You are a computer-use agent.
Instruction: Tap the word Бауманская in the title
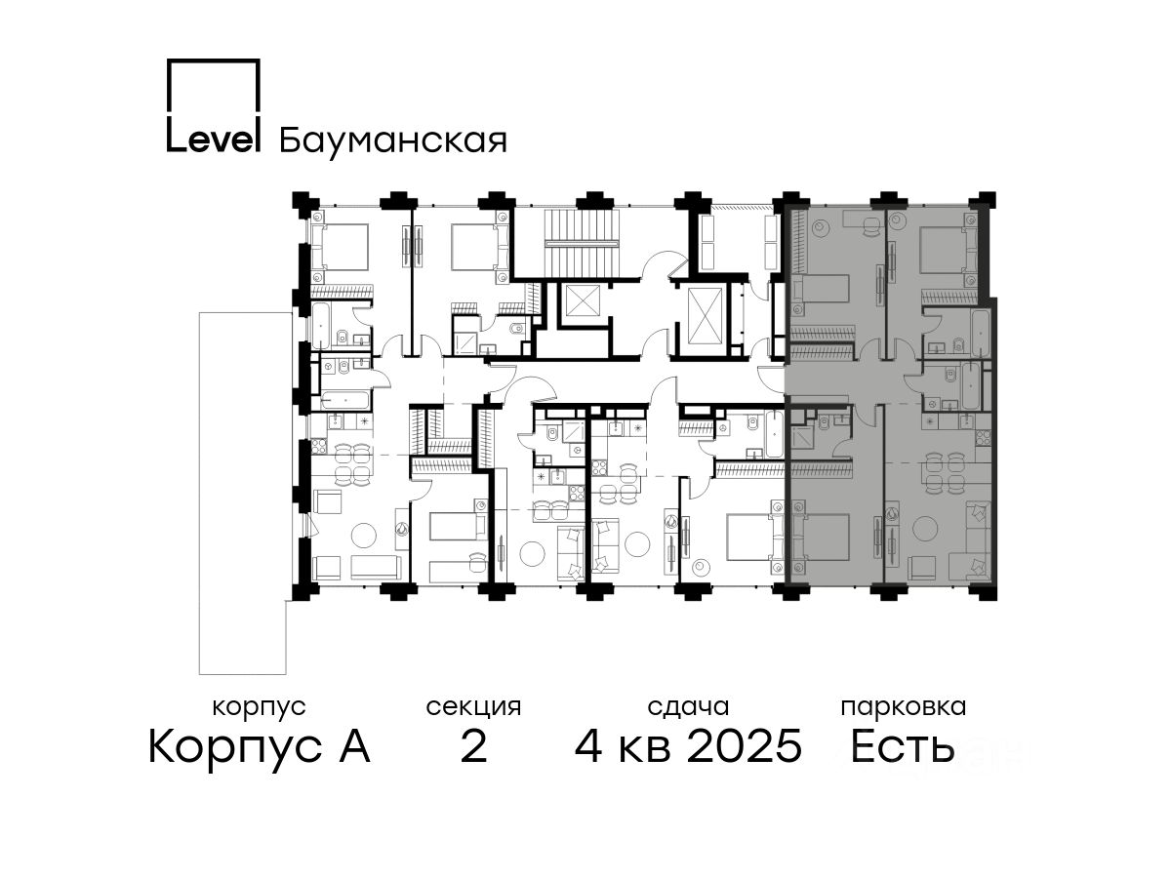[392, 140]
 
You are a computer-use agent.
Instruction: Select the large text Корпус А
[259, 746]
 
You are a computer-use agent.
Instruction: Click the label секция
[473, 708]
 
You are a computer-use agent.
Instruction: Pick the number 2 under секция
[473, 746]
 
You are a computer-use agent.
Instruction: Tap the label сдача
[688, 707]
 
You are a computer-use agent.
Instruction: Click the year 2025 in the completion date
[745, 746]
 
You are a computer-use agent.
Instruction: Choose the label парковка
[904, 708]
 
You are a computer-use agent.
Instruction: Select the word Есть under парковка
[902, 746]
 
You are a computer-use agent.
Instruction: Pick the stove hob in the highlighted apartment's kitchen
[982, 438]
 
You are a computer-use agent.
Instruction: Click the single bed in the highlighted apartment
[821, 290]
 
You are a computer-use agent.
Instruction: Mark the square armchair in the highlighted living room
[921, 569]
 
